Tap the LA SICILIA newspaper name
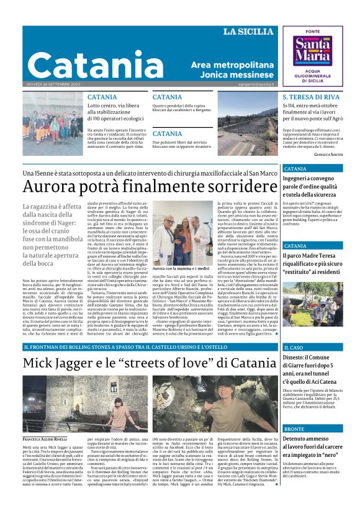click(248, 32)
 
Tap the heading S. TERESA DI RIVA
click(311, 97)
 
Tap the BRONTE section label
click(294, 429)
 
